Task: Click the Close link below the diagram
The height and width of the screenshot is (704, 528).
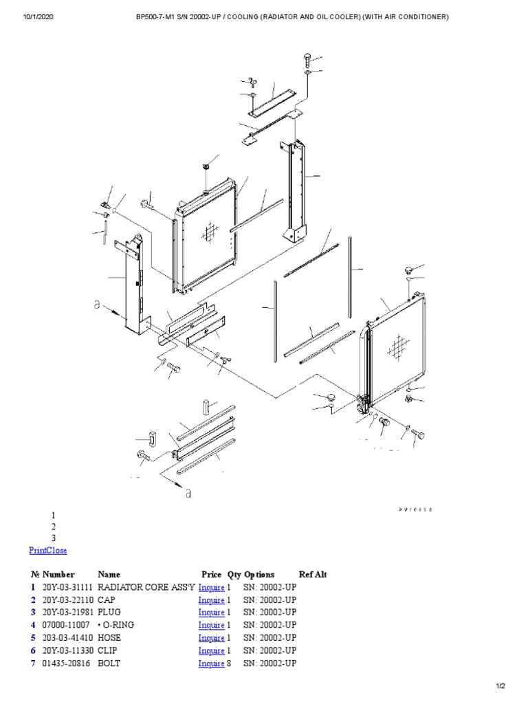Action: click(x=57, y=551)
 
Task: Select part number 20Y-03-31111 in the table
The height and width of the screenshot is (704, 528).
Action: click(x=67, y=587)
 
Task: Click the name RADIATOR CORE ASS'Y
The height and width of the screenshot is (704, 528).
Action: click(x=146, y=587)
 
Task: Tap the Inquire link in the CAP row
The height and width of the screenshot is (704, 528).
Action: click(x=211, y=600)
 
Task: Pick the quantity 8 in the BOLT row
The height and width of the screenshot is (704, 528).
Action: click(x=230, y=663)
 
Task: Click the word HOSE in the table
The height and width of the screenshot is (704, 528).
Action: click(x=111, y=638)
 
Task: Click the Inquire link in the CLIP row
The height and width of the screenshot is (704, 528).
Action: click(x=211, y=651)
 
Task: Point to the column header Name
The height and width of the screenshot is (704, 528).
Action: click(x=109, y=574)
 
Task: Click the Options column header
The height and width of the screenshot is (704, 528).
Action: click(x=259, y=574)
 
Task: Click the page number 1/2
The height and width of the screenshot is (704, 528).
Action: click(x=500, y=686)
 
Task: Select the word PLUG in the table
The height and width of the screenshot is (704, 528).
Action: click(x=111, y=613)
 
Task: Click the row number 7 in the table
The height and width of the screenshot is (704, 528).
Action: click(x=32, y=663)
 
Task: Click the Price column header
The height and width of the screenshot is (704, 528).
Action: click(x=212, y=574)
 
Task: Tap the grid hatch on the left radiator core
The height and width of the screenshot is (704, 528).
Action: click(x=209, y=233)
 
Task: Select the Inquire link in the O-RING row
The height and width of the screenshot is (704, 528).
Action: click(x=211, y=626)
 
